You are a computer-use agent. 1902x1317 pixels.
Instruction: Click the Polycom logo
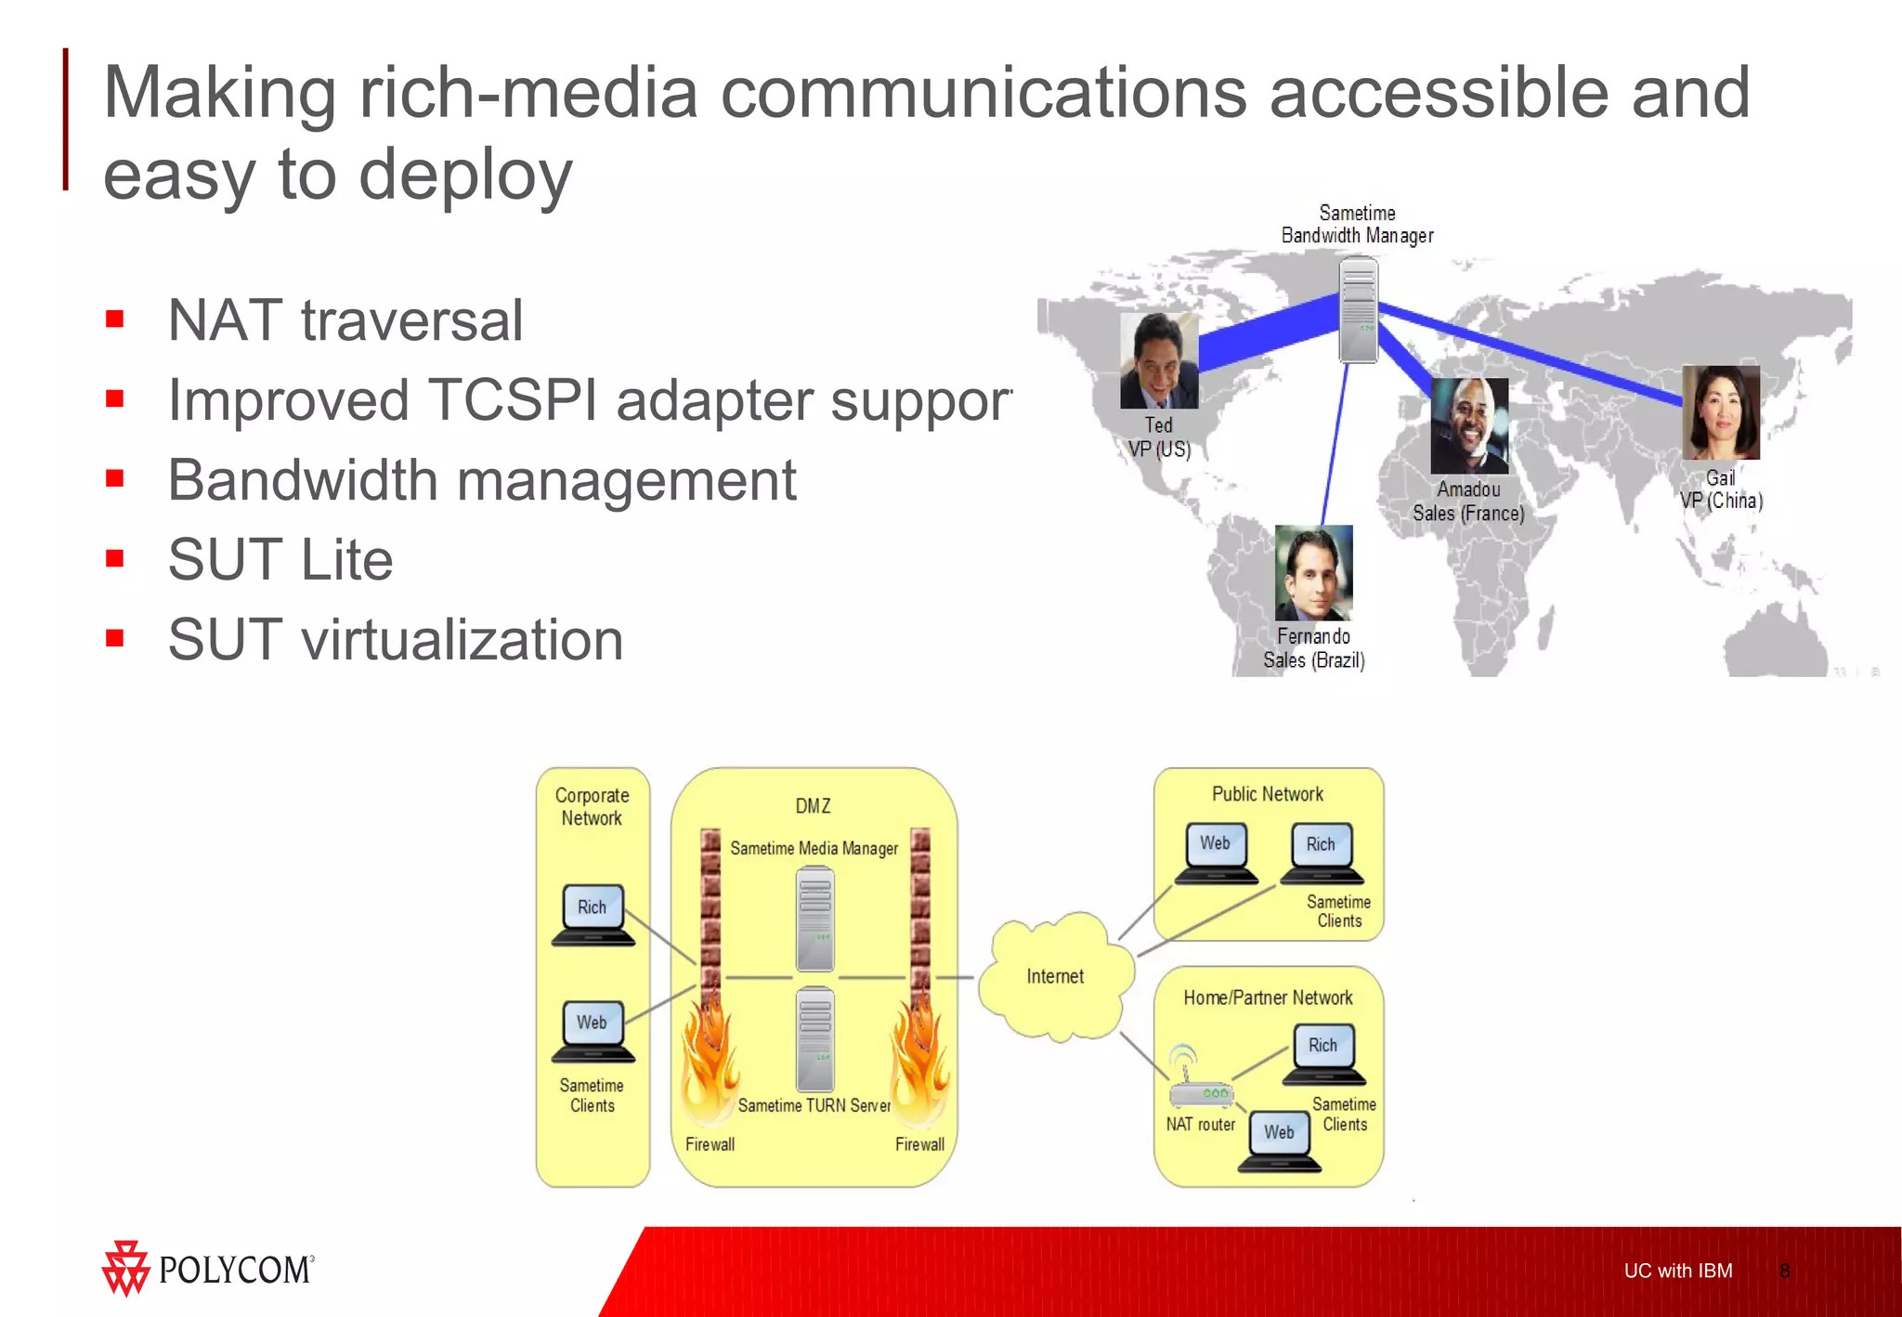pos(208,1268)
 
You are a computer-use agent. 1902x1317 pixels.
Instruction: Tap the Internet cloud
pos(1056,976)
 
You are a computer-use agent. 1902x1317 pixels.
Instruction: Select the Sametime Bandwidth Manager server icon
pos(1358,310)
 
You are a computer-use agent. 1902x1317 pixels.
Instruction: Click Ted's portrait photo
pos(1158,361)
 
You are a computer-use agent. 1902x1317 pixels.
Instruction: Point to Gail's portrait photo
pos(1721,413)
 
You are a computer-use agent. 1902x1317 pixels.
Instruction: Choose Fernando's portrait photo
pos(1313,573)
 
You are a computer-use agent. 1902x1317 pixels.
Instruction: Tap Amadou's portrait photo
pos(1469,426)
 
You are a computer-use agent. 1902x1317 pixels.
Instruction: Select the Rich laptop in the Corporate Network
pos(593,915)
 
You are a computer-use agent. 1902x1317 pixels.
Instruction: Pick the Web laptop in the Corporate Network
pos(593,1031)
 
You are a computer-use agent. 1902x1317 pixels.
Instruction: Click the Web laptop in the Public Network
pos(1216,853)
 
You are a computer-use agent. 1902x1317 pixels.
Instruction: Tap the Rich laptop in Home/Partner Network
pos(1323,1054)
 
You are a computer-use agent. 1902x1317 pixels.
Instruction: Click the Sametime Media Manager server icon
pos(814,919)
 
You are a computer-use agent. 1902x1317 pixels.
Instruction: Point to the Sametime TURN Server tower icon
pos(814,1038)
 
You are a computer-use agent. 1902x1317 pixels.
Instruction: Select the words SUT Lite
pos(280,560)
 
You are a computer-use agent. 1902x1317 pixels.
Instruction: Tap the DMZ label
pos(813,806)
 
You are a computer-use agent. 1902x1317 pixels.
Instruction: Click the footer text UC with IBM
pos(1677,1271)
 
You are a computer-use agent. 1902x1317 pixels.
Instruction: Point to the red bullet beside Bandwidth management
pos(115,479)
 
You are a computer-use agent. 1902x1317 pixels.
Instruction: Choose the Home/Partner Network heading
pos(1268,998)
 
